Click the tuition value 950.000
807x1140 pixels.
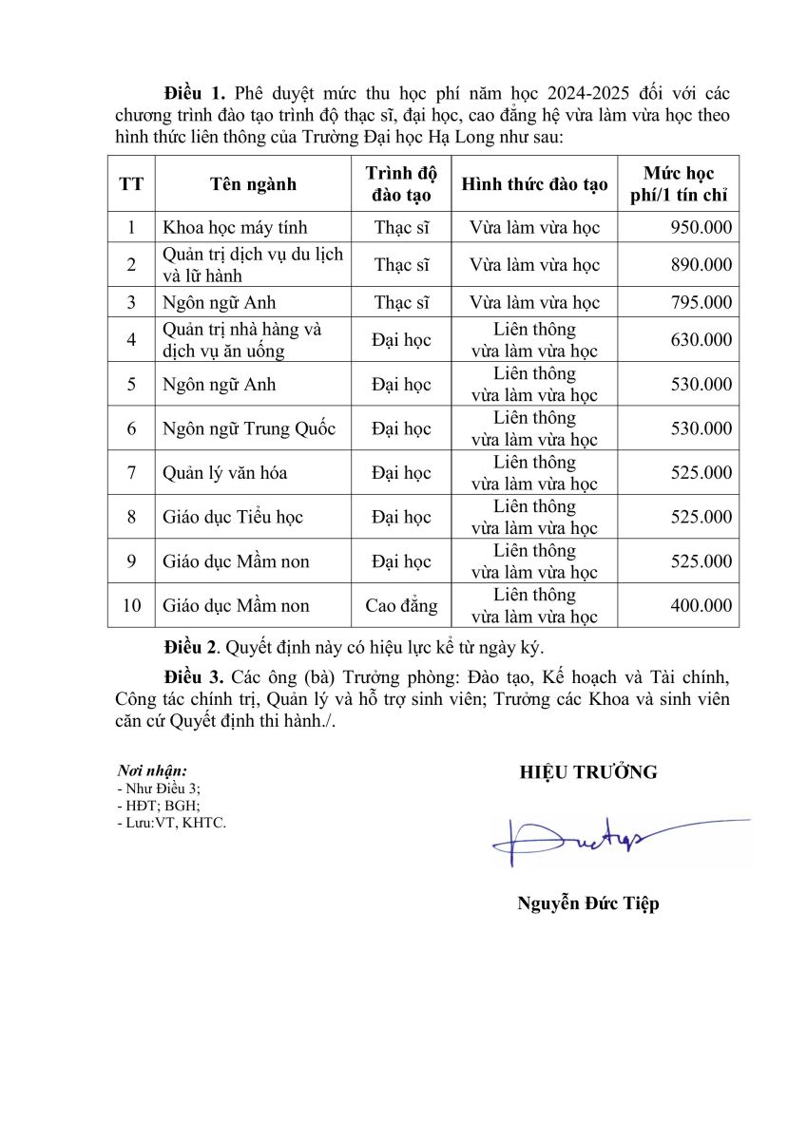(x=701, y=228)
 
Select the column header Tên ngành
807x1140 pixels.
(x=254, y=184)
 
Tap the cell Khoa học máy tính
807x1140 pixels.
(x=235, y=228)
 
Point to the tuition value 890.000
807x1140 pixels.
(x=701, y=265)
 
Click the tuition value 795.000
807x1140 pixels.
(x=701, y=303)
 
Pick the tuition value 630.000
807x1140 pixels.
(x=701, y=340)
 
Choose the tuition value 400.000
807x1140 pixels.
(x=701, y=606)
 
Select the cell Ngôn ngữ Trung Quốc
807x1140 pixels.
(x=249, y=428)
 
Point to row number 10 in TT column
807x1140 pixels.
(x=131, y=606)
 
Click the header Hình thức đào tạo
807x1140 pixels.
(x=534, y=184)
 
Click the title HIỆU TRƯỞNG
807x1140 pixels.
(x=587, y=772)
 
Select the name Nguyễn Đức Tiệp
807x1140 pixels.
(x=587, y=903)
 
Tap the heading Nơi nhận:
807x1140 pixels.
(x=151, y=770)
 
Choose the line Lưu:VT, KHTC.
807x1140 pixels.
(x=171, y=823)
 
